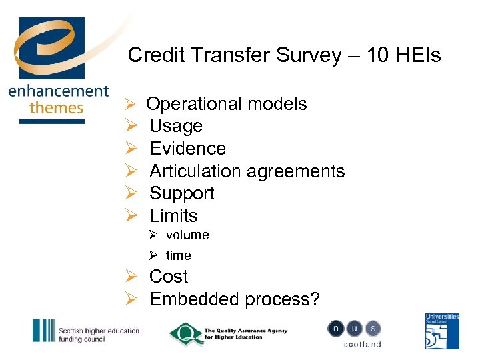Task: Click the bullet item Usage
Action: [176, 127]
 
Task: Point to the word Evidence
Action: [187, 149]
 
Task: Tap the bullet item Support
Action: [182, 194]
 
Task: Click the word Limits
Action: [173, 216]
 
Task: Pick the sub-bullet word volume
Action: [187, 235]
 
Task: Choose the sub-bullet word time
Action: [179, 255]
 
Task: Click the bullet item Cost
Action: [169, 277]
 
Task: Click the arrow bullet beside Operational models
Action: [131, 105]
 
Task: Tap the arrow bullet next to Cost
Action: [132, 277]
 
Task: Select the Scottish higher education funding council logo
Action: [86, 331]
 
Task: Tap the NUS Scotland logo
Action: [354, 333]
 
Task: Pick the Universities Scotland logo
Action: [442, 331]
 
